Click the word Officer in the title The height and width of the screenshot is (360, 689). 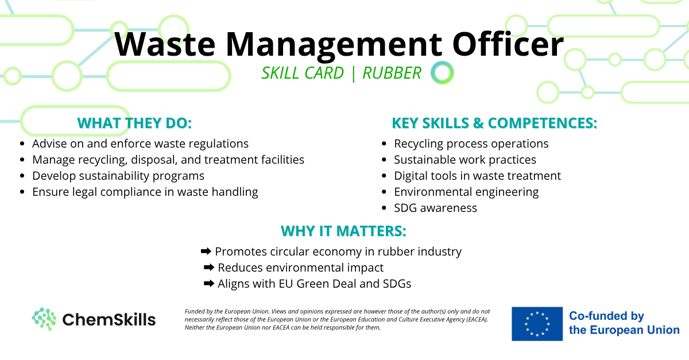[508, 44]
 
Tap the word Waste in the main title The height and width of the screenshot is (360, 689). [165, 44]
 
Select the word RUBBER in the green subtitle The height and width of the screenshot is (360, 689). [392, 73]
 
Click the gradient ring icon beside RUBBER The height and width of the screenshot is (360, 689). [442, 72]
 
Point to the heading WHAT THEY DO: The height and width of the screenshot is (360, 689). [134, 123]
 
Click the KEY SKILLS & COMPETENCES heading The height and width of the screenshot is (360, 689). [494, 123]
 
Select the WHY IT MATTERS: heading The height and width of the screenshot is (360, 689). [343, 231]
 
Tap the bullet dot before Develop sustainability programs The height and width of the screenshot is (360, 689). [22, 176]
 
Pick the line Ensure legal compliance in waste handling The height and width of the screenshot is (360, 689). [145, 192]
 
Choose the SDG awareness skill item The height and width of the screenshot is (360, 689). [436, 208]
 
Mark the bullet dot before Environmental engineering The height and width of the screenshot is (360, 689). [384, 192]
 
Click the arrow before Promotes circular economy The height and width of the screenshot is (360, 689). [206, 251]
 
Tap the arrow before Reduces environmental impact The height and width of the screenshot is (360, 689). [209, 268]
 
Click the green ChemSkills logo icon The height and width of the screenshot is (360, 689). [44, 319]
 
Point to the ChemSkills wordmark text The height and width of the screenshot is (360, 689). [109, 320]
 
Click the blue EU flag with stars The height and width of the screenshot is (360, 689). [537, 324]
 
